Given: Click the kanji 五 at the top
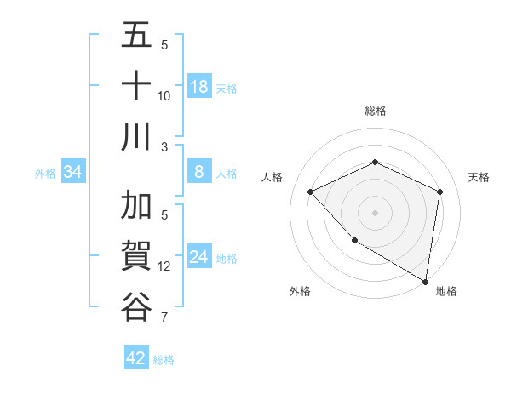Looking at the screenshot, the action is coord(136,37).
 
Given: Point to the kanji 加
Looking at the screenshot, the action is coord(136,207).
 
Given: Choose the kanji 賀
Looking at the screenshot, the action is coord(136,256).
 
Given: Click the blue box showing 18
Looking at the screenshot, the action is coord(198,87).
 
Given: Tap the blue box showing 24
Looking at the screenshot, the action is coord(198,257).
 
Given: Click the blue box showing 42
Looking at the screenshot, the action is coord(136,358).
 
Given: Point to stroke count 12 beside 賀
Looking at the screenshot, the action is coord(164,266).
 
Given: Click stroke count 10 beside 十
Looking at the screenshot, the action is coord(164,95).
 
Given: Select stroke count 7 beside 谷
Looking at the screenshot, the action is coord(164,318).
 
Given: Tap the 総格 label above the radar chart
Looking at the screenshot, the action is coord(375,111).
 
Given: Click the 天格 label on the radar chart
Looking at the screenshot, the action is coord(479,177).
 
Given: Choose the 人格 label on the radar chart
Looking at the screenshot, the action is coord(272,177).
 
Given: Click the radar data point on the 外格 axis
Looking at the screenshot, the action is coord(354,241).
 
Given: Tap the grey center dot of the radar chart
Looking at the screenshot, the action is coord(375,212).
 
